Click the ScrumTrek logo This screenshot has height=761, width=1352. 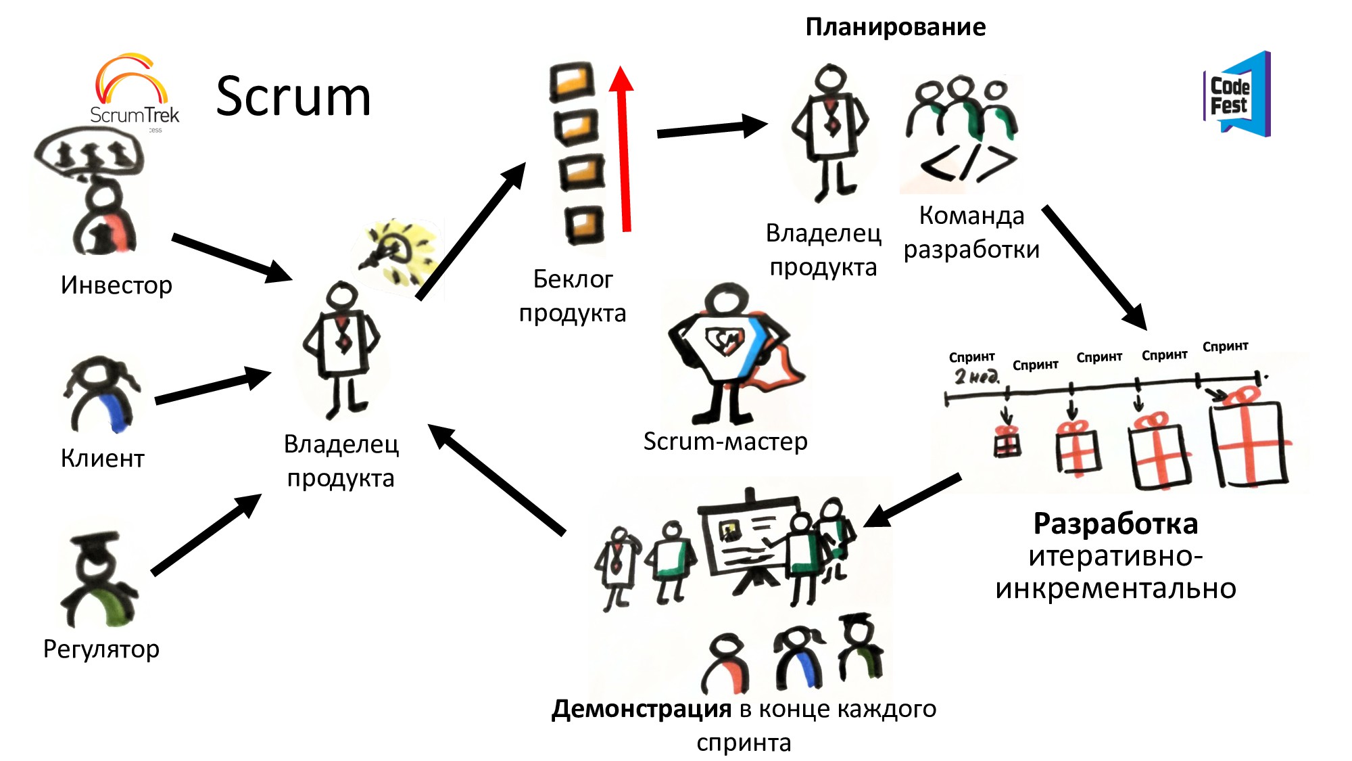[x=134, y=91]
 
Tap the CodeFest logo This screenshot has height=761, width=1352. [x=1236, y=95]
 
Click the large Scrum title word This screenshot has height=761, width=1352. [x=293, y=97]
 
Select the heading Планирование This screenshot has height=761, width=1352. [x=895, y=27]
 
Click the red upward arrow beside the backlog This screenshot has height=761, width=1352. [x=623, y=149]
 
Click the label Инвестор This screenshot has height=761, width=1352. [x=116, y=285]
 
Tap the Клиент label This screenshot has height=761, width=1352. [x=103, y=458]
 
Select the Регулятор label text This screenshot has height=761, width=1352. [x=101, y=649]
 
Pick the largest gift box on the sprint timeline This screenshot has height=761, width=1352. [x=1249, y=440]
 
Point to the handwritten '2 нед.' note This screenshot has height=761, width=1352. [x=976, y=377]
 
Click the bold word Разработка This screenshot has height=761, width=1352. [x=1115, y=524]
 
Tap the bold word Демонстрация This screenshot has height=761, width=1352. [x=641, y=709]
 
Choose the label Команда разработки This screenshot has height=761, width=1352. [x=971, y=233]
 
